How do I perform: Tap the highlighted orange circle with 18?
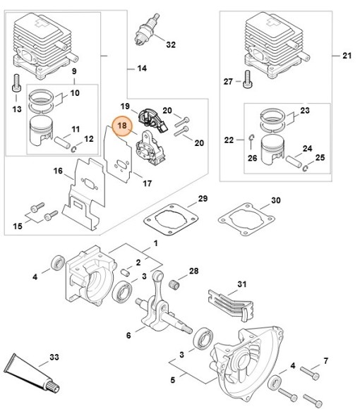coord(122,126)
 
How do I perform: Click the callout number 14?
coord(142,68)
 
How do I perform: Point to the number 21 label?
coord(347,56)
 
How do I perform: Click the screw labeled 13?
coord(16,83)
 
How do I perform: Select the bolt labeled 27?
coord(247,79)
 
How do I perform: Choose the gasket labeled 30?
coord(246,219)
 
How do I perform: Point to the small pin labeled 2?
coord(126,273)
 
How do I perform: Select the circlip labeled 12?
coord(74,149)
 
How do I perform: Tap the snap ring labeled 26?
coord(251,138)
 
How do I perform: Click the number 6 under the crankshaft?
coord(128,335)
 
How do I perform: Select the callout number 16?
coord(58,171)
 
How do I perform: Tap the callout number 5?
coord(172,380)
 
